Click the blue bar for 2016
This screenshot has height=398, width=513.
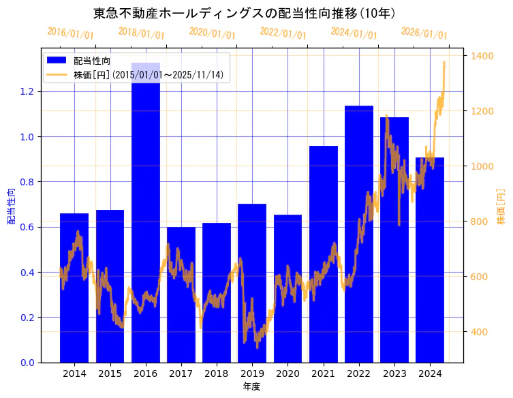(146, 218)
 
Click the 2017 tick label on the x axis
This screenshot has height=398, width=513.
(181, 373)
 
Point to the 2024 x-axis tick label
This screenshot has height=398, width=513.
(430, 373)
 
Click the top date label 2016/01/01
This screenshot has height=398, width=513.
(71, 33)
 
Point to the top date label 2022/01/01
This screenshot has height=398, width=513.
(283, 33)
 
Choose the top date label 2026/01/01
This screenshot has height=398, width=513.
(424, 33)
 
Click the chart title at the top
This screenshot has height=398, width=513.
(245, 13)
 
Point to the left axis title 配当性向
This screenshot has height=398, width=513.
(12, 206)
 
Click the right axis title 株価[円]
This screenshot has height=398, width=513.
(501, 206)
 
